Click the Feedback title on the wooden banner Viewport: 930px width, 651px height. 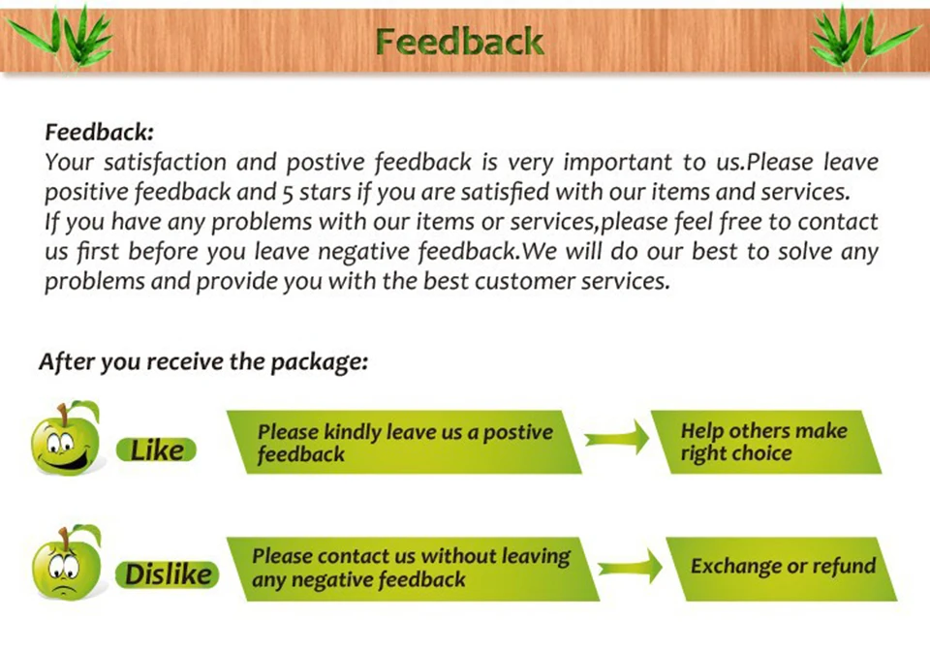pos(459,42)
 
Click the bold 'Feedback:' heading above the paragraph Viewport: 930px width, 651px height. pos(100,132)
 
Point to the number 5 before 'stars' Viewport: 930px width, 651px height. pos(289,192)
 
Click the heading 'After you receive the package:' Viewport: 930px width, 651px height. pos(203,362)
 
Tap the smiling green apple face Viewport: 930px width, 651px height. pos(66,441)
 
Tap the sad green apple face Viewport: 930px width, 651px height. pos(66,565)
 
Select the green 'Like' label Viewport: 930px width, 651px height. pos(156,450)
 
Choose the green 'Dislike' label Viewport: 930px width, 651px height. pos(168,574)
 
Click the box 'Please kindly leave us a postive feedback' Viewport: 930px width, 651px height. pos(405,442)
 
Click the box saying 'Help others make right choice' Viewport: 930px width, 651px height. pos(765,442)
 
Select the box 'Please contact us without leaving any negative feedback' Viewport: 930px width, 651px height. pos(412,568)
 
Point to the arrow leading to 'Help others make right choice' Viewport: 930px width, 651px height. pos(617,440)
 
